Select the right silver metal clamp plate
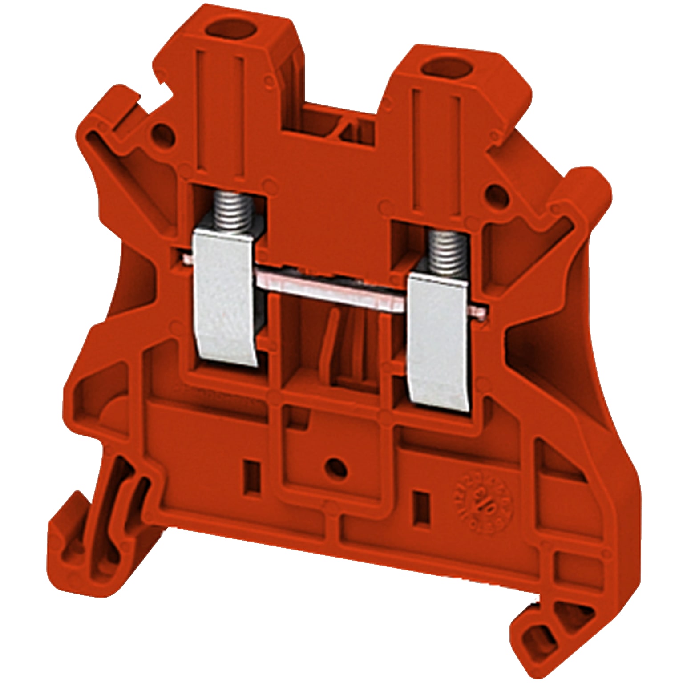[441, 342]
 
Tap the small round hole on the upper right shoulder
[495, 194]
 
